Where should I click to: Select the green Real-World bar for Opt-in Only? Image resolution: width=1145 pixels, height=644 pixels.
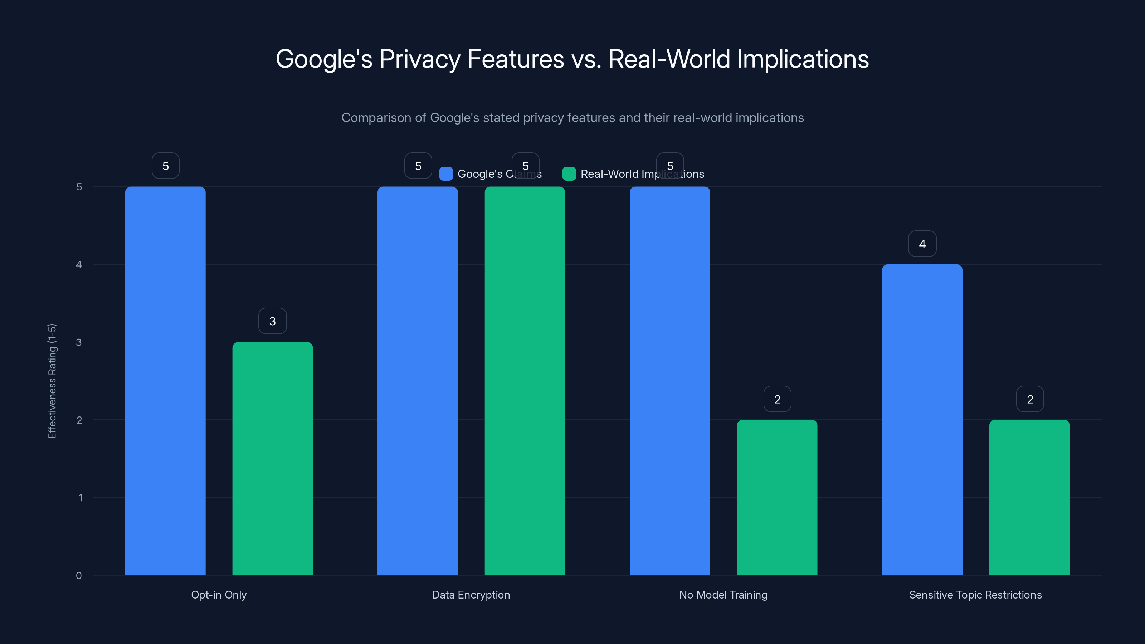(x=272, y=458)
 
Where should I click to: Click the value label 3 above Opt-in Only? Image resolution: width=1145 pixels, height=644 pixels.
(x=272, y=321)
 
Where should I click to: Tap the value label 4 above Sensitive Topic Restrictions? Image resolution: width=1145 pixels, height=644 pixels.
(x=922, y=244)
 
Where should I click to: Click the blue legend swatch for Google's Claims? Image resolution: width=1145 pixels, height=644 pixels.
(x=446, y=174)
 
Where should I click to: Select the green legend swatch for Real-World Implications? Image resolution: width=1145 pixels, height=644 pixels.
(x=569, y=174)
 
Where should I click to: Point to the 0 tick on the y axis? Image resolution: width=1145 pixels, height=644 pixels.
(x=79, y=576)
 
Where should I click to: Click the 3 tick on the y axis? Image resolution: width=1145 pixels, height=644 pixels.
(x=79, y=342)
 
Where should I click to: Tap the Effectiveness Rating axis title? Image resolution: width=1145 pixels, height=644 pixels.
(x=52, y=381)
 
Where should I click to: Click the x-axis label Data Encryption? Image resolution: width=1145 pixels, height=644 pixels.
(x=471, y=595)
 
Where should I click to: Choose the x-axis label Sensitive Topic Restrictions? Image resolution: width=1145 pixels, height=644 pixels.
(x=975, y=595)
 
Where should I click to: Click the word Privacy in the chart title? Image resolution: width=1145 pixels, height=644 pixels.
(x=420, y=59)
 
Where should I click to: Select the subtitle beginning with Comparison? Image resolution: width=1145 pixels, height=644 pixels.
(x=572, y=117)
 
